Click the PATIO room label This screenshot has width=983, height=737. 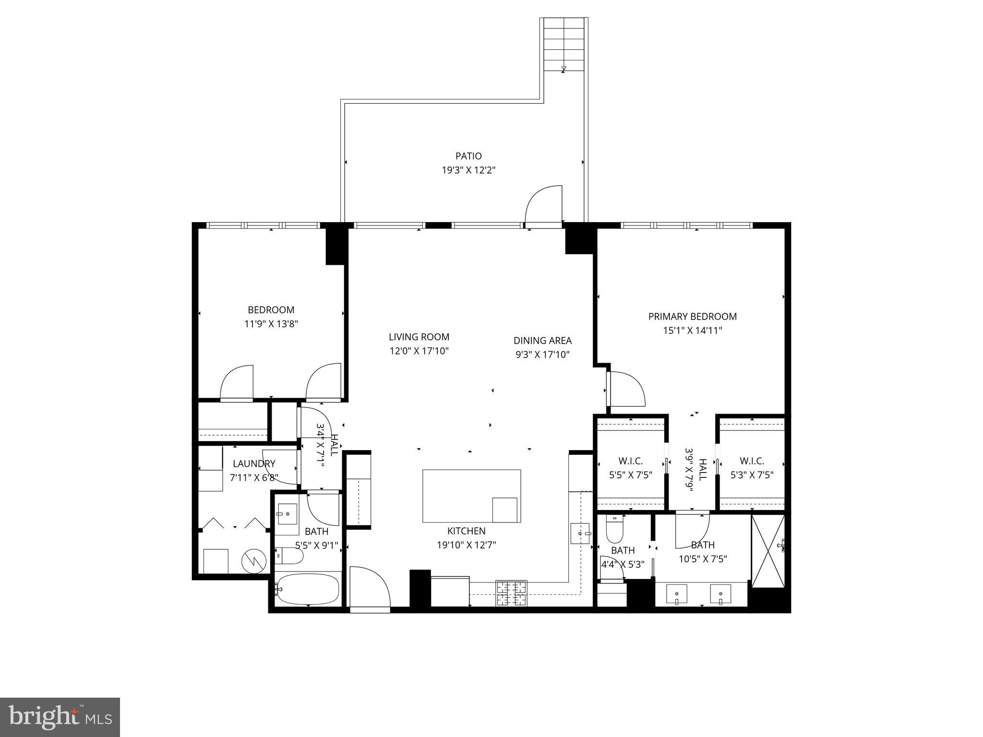pos(468,156)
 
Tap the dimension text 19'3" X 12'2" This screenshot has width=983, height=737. pos(468,170)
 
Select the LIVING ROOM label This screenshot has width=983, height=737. pos(419,337)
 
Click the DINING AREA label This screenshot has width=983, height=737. pos(542,341)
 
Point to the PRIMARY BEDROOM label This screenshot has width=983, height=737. pos(692,316)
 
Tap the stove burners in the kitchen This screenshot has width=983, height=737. pos(511,593)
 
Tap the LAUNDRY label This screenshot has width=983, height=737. pos(254,464)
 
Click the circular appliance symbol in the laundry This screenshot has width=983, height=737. pos(253,561)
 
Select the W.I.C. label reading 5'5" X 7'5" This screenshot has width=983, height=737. pos(630,468)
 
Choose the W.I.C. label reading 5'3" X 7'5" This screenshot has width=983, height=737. pos(752,468)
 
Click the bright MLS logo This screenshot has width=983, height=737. pos(60,717)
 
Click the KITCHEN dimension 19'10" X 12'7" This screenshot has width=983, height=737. pos(466,545)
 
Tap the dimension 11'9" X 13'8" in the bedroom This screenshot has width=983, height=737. pos(271,324)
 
